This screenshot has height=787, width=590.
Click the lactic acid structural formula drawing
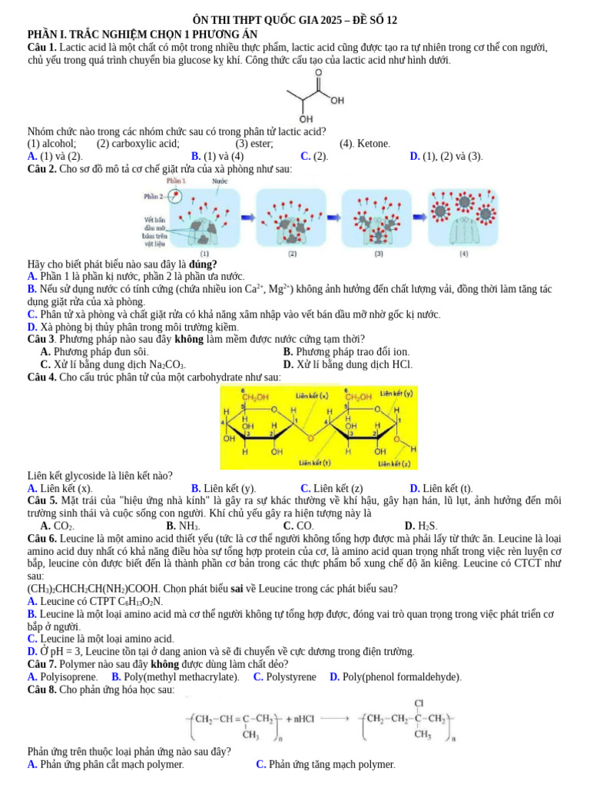pos(313,96)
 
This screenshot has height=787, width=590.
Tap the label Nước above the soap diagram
pos(220,181)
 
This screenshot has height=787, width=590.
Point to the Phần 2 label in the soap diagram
pos(154,197)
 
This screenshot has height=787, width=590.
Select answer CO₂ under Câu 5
pos(63,526)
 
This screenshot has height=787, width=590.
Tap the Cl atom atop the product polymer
pos(419,702)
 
